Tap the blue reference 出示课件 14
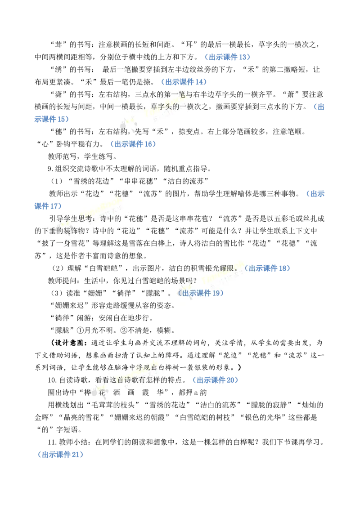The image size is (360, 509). pyautogui.click(x=184, y=82)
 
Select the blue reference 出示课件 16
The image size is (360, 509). pyautogui.click(x=133, y=144)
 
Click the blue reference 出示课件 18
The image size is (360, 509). pyautogui.click(x=268, y=268)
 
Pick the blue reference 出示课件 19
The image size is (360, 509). pyautogui.click(x=201, y=293)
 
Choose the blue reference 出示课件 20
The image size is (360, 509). pyautogui.click(x=216, y=380)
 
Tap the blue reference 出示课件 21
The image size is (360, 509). pyautogui.click(x=61, y=455)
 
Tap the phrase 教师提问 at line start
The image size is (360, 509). pyautogui.click(x=63, y=281)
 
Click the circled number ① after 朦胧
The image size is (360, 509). pyautogui.click(x=80, y=330)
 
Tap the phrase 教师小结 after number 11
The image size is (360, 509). pyautogui.click(x=73, y=442)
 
